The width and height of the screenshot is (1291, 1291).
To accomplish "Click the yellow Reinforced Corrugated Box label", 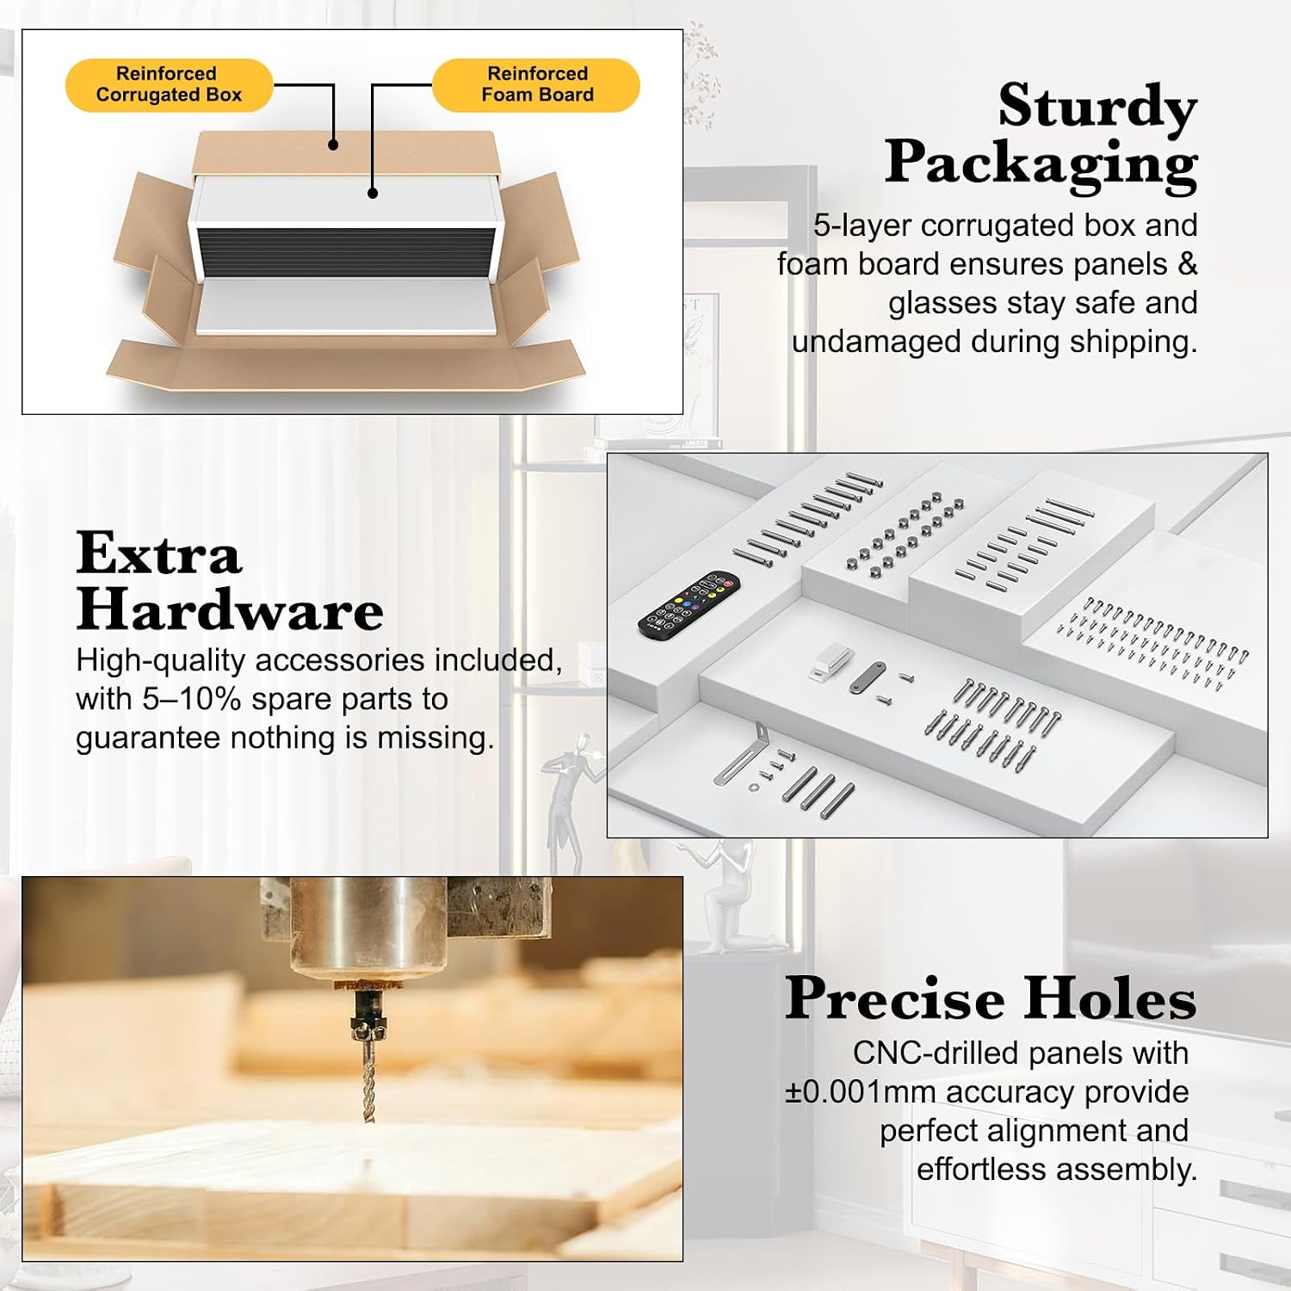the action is coord(169,84).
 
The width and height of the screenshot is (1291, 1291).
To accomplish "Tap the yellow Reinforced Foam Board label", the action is coord(536,84).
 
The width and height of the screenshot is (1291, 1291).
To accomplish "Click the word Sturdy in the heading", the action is coord(1097,108).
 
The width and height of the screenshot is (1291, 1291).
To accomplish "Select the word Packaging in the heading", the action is coord(1041,164).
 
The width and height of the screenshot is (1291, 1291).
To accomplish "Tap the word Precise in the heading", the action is coord(894,998).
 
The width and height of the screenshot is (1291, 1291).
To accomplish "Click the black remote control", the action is coord(689,604).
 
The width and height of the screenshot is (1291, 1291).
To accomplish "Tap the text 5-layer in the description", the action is coord(862,226).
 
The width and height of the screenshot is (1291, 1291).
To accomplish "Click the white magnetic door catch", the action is coord(832,662).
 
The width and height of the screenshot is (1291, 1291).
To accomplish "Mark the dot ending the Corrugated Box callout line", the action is coord(333,145).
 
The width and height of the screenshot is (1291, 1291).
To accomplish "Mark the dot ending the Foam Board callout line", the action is coord(373,193).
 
